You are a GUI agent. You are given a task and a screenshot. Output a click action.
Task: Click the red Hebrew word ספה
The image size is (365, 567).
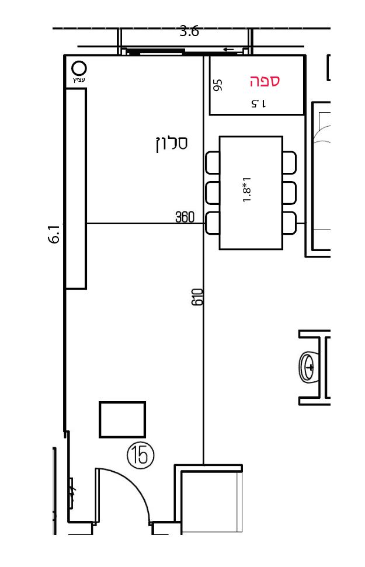coord(265,81)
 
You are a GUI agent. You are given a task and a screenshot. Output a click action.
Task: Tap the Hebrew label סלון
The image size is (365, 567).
coord(172,144)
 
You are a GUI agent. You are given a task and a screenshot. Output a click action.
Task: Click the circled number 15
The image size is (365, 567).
coord(140,455)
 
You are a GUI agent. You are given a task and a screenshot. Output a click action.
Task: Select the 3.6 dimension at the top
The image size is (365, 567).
coord(189,32)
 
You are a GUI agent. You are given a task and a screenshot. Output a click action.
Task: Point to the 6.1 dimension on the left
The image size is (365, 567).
coord(54,234)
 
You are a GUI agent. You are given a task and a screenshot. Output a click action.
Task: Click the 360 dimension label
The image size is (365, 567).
coord(185,217)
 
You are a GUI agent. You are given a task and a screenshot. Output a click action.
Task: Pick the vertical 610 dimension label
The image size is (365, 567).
coord(197,297)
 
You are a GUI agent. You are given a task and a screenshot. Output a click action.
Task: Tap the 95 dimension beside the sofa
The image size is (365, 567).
coord(218,85)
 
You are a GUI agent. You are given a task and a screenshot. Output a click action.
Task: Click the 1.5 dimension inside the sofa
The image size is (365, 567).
coord(259,104)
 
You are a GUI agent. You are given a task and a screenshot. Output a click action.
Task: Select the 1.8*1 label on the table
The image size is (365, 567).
coord(247,189)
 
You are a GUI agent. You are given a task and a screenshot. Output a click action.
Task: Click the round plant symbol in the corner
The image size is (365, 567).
coord(79,68)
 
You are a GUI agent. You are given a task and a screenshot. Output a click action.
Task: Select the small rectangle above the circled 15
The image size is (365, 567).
coord(122,419)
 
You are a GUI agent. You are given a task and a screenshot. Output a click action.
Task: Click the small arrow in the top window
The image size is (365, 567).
coord(228,50)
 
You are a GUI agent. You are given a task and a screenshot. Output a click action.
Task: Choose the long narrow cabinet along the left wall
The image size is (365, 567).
coord(75,189)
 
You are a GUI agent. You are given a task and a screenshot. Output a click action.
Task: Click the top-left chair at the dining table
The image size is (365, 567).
coord(213,163)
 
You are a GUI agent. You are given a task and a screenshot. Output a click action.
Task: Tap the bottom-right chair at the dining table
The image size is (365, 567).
coord(290,223)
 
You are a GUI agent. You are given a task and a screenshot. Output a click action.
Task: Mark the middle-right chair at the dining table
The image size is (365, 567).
coord(290,193)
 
